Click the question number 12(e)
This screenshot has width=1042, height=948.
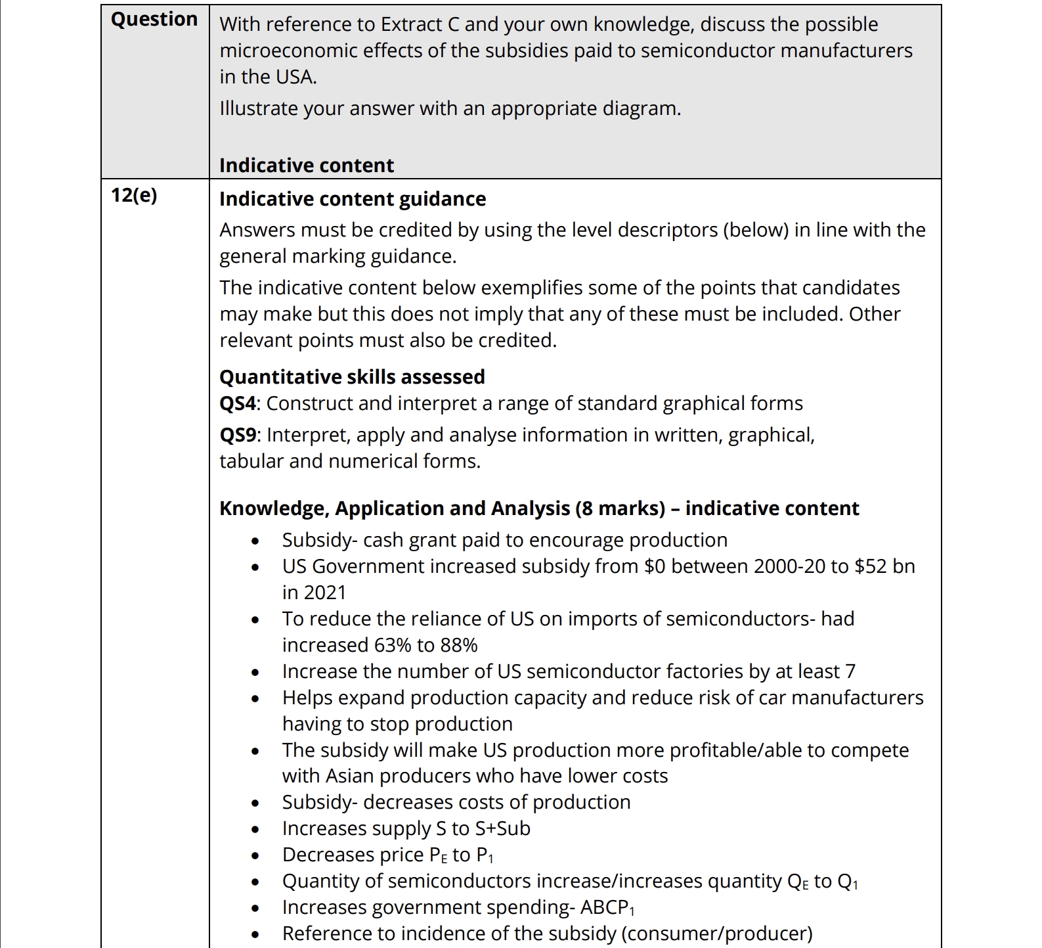134,195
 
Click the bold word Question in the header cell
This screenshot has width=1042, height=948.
154,20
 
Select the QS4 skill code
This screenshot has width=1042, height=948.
237,403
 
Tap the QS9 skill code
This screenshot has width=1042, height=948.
238,435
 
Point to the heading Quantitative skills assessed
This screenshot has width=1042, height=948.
352,377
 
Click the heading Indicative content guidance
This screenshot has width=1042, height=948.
353,199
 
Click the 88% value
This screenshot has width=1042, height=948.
459,645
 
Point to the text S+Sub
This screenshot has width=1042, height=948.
503,828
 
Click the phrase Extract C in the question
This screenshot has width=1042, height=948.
420,24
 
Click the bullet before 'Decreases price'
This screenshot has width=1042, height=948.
255,856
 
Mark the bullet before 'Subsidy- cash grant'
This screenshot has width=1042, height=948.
255,541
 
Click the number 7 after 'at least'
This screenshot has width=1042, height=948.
850,671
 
